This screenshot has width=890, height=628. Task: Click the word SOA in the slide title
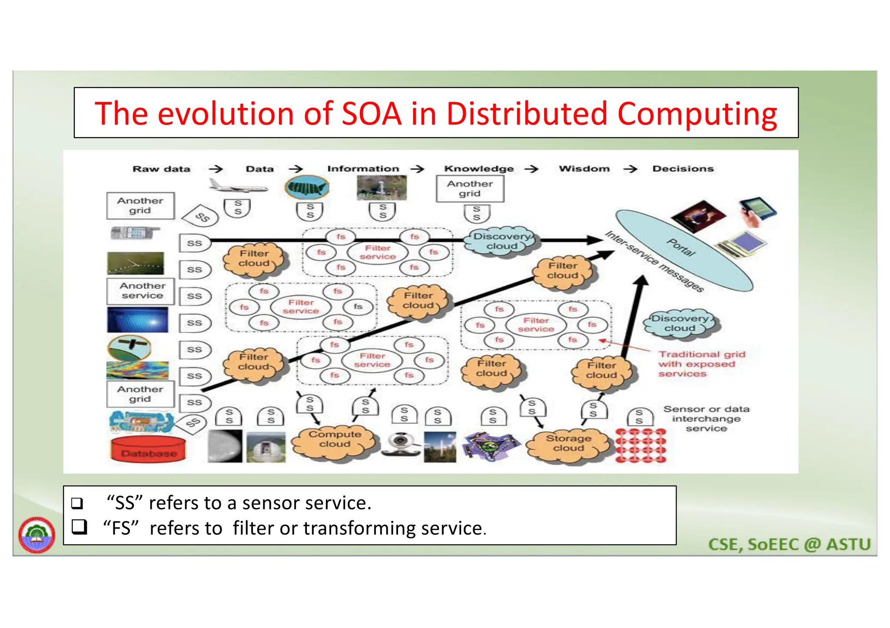tap(372, 114)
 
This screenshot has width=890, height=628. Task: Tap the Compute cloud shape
tap(334, 440)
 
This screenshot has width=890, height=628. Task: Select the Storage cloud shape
tap(568, 444)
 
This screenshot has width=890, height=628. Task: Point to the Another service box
tap(142, 291)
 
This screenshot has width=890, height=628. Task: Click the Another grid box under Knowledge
tap(470, 189)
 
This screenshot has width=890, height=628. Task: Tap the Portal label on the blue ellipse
tap(681, 248)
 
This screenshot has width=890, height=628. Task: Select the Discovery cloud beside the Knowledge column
tap(501, 241)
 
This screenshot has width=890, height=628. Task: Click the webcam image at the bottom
tap(400, 444)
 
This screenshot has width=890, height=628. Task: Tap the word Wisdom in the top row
tap(584, 169)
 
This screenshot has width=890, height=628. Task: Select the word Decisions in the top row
tap(683, 169)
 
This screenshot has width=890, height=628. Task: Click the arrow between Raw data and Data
tap(216, 169)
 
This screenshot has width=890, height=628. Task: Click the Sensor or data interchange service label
tap(706, 419)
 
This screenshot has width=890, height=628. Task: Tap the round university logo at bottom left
tap(37, 535)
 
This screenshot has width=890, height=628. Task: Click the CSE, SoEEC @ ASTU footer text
tap(789, 544)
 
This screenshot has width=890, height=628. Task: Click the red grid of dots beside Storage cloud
tap(641, 445)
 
